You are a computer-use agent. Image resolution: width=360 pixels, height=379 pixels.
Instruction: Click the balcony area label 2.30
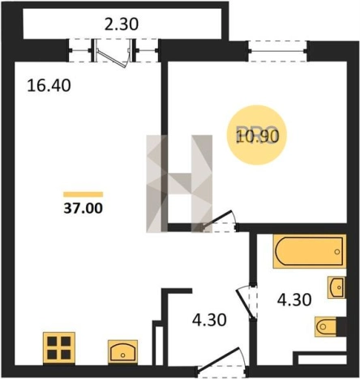pyautogui.click(x=122, y=23)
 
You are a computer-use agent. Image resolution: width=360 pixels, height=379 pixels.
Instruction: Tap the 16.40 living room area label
pyautogui.click(x=49, y=85)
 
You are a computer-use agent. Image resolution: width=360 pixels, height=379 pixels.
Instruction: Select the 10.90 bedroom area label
pyautogui.click(x=257, y=136)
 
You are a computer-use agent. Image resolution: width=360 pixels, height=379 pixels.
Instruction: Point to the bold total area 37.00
pyautogui.click(x=84, y=208)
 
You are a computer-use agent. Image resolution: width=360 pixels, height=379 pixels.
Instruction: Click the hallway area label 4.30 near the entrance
pyautogui.click(x=209, y=320)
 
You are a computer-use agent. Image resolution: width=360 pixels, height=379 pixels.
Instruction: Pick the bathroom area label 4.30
pyautogui.click(x=294, y=300)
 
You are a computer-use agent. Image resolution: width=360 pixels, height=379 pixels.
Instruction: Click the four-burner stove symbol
pyautogui.click(x=59, y=347)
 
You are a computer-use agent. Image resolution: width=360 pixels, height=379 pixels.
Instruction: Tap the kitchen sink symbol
pyautogui.click(x=122, y=351)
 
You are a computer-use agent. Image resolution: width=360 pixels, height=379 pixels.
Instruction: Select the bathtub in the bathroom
pyautogui.click(x=310, y=252)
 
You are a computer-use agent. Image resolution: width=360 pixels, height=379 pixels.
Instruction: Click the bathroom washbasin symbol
pyautogui.click(x=336, y=287)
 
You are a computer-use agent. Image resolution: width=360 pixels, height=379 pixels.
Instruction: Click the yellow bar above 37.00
pyautogui.click(x=84, y=194)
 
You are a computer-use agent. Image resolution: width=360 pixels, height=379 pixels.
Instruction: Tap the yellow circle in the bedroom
pyautogui.click(x=257, y=135)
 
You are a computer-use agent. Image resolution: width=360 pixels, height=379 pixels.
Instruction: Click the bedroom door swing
pyautogui.click(x=220, y=219)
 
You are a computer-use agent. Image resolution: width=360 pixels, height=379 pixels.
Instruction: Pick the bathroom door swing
pyautogui.click(x=246, y=302)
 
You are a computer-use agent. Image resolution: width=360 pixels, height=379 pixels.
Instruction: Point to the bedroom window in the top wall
pyautogui.click(x=278, y=51)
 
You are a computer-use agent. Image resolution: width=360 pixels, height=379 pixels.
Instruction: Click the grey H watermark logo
pyautogui.click(x=179, y=184)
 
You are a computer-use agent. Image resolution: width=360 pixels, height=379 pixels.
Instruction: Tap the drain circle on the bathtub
pyautogui.click(x=336, y=252)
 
